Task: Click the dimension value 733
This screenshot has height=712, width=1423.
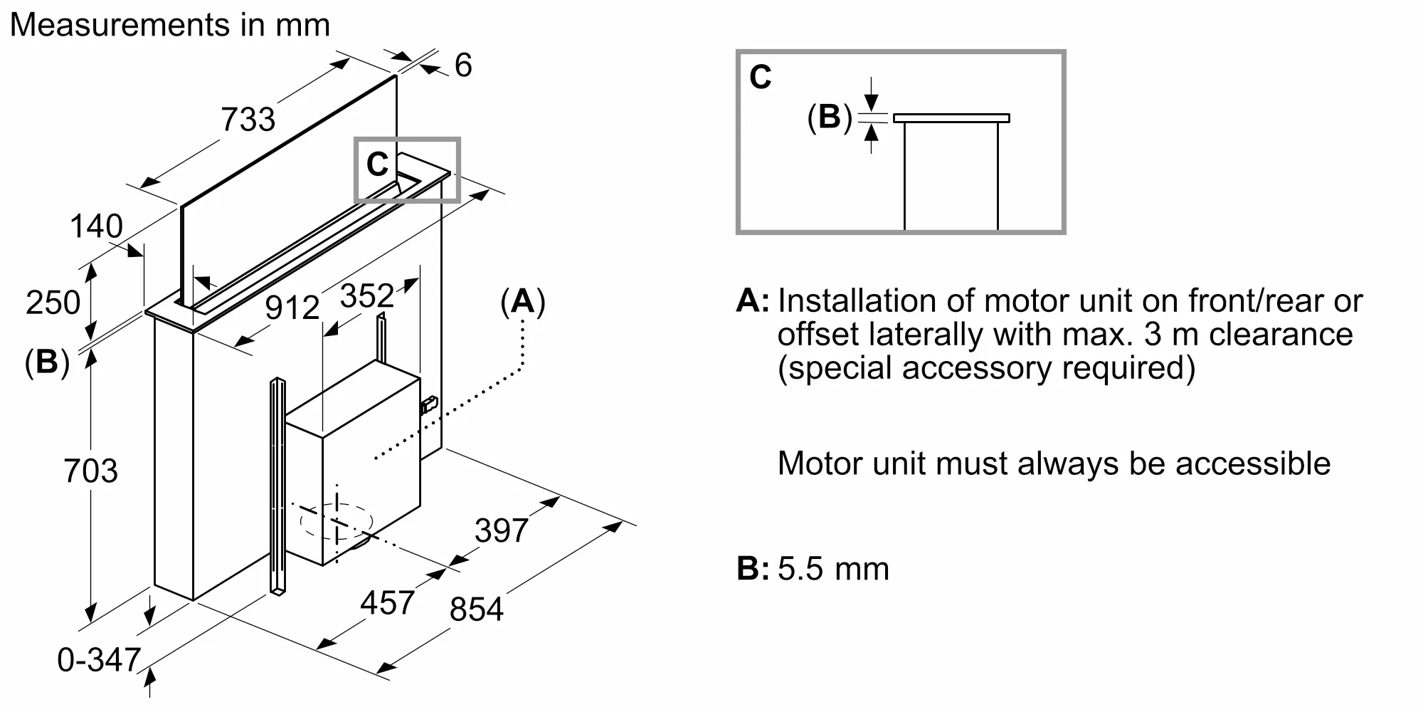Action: tap(248, 119)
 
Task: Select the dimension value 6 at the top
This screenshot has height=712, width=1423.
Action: tap(463, 66)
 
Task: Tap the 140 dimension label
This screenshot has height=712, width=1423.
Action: tap(96, 227)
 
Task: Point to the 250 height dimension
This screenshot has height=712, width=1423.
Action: tap(53, 303)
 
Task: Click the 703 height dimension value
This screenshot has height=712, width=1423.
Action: tap(90, 471)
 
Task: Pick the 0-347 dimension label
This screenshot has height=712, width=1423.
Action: tap(99, 660)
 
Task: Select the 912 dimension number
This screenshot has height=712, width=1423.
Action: tap(292, 308)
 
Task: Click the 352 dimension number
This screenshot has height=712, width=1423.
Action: tap(366, 295)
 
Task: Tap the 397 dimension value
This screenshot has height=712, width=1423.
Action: tap(502, 531)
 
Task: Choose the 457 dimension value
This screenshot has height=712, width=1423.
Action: tap(387, 603)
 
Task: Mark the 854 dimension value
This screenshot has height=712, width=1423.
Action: tap(477, 609)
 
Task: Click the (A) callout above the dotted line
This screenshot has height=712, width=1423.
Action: tap(523, 302)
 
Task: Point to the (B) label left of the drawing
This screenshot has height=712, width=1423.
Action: tap(47, 362)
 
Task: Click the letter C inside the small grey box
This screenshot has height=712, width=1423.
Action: tap(377, 164)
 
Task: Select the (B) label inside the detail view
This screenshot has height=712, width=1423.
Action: tap(830, 117)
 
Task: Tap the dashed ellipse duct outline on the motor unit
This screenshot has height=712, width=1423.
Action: tap(337, 522)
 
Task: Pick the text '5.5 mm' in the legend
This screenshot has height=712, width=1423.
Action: tap(833, 569)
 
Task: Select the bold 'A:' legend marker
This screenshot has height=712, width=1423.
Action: tap(752, 300)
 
